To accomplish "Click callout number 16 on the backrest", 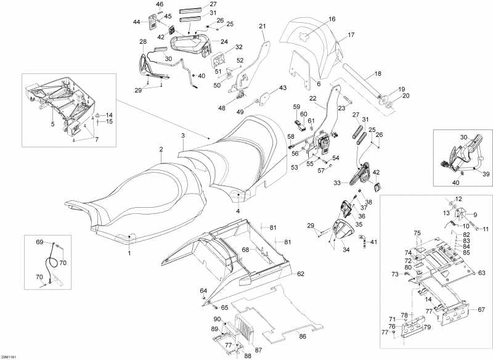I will (x=332, y=19).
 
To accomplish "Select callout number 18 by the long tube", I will (x=378, y=73).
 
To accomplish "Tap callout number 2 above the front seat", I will (x=161, y=149).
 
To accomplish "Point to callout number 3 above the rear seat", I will (x=182, y=135).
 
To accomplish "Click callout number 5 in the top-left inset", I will (x=52, y=124).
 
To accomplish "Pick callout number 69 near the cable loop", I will (x=39, y=242).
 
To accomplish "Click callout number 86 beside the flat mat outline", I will (x=303, y=337).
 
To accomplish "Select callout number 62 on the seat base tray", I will (x=301, y=273).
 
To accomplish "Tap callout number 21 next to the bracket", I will (x=262, y=26).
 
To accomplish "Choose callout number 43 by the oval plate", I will (x=283, y=88).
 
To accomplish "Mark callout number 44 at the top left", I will (x=137, y=22).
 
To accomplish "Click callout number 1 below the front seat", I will (x=129, y=253).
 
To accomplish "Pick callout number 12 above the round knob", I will (x=458, y=198).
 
